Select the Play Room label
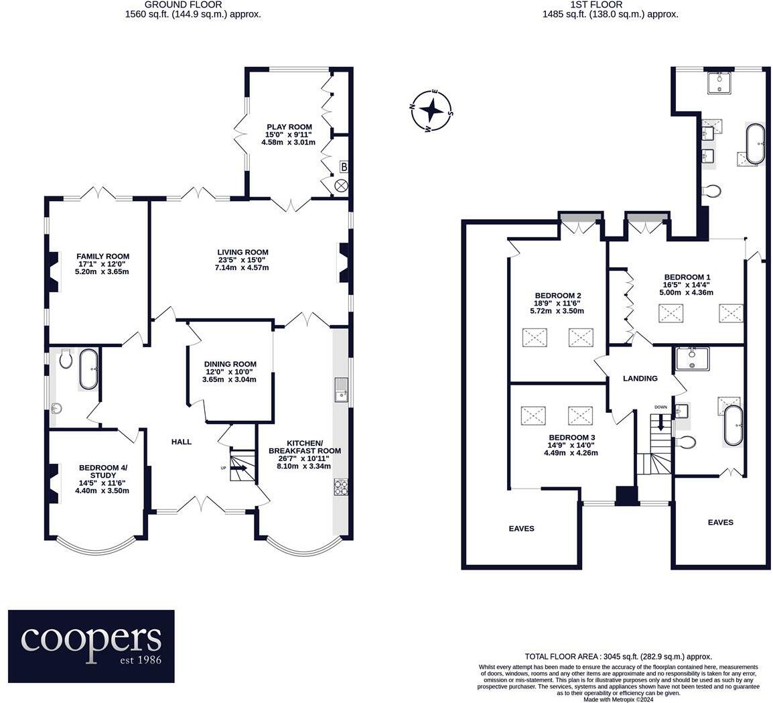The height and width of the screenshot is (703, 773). [289, 127]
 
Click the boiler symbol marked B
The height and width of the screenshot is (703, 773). [343, 166]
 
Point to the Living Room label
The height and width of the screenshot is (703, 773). [242, 253]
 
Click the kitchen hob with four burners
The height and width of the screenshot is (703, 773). [340, 488]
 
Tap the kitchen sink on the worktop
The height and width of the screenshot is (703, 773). [340, 389]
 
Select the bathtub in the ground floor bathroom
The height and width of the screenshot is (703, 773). [89, 369]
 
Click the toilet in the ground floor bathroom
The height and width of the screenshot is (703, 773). [66, 361]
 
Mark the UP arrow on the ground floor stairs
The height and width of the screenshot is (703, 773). [238, 468]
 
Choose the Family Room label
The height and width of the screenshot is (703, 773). [102, 256]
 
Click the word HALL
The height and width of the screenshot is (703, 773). [181, 442]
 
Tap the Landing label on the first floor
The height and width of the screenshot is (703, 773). [640, 379]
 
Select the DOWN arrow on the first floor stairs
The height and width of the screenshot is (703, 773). [662, 423]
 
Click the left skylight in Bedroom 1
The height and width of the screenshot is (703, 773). [671, 313]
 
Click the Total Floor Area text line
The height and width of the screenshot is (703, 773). [618, 657]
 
